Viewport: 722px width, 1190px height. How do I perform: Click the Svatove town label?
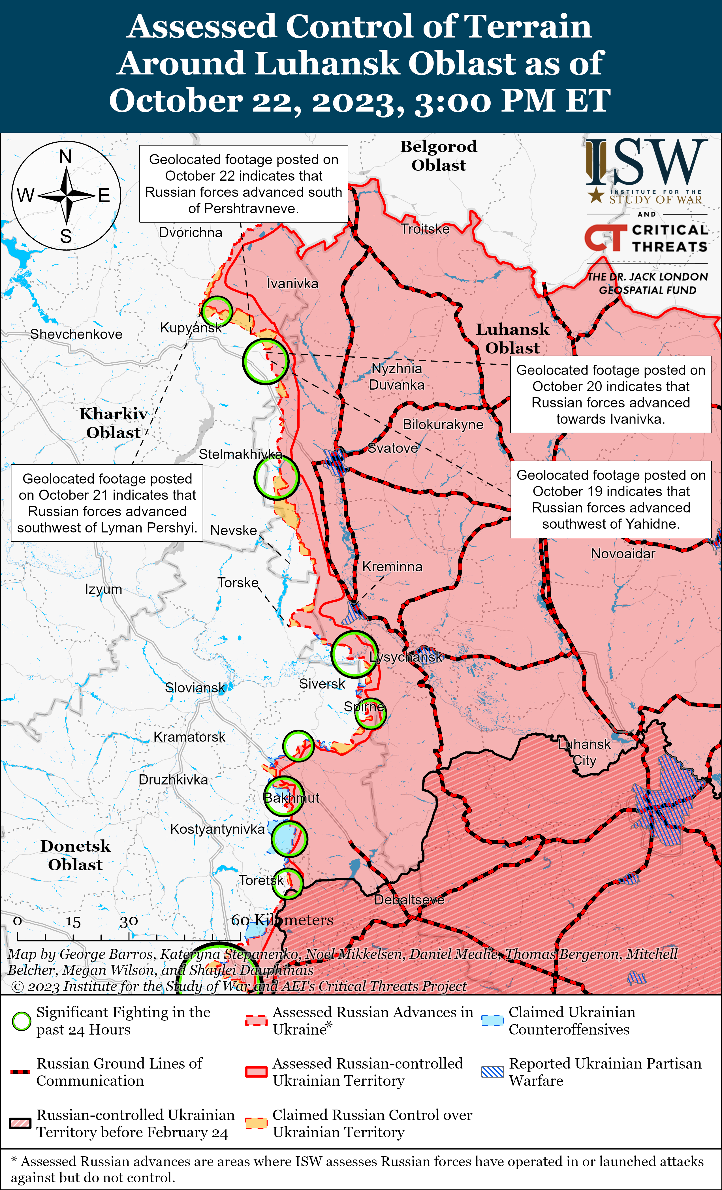(x=393, y=448)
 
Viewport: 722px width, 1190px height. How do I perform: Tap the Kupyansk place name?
(x=191, y=328)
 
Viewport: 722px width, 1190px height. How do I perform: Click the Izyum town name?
(x=103, y=589)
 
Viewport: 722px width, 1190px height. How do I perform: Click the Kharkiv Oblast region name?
(x=114, y=423)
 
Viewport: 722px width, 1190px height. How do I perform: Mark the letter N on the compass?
(x=66, y=157)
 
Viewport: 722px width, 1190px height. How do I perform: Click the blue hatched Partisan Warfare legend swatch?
(x=493, y=1072)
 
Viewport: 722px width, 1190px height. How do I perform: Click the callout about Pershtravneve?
(x=243, y=183)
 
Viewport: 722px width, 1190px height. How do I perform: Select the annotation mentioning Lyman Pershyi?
(x=107, y=503)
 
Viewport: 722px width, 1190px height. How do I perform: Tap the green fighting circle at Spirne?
(x=370, y=713)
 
